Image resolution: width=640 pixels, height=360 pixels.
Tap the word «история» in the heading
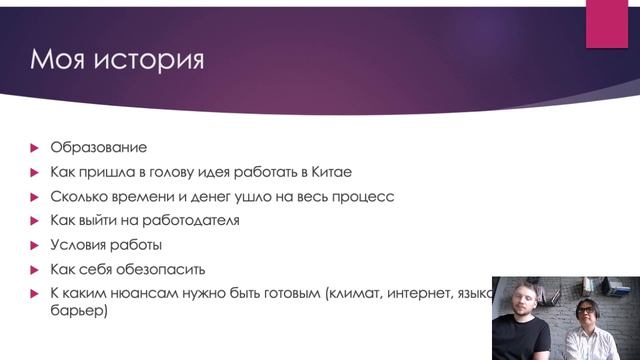pos(149,60)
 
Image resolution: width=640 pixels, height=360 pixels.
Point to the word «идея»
pos(217,172)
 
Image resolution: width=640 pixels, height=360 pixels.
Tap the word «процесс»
pos(362,197)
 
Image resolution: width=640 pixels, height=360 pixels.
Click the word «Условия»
pos(79,245)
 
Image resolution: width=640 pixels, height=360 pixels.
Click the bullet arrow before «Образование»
pos(34,148)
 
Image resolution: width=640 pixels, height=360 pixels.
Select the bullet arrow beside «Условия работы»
pos(34,245)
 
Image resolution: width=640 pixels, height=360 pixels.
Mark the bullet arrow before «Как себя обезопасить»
pos(34,269)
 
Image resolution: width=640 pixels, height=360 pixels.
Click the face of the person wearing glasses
pos(591,305)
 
